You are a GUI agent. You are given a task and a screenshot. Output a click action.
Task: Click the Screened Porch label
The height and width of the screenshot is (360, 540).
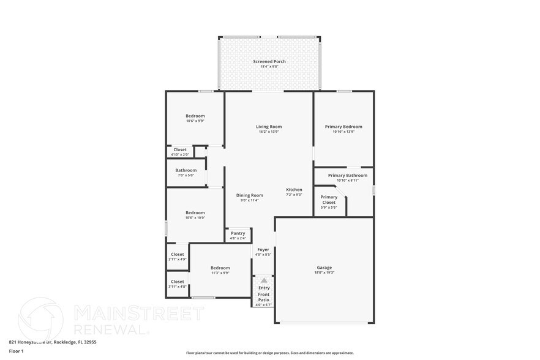point(269,62)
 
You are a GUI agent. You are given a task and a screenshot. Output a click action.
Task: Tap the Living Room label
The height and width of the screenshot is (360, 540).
point(269,127)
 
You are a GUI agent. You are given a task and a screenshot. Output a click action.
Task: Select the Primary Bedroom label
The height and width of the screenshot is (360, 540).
point(343,127)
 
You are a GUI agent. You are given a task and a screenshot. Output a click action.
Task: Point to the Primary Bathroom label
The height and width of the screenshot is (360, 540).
point(343,176)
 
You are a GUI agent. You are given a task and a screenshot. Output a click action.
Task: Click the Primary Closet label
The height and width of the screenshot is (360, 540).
point(329,200)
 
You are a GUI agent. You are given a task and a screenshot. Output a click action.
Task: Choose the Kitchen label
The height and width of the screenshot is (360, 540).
point(294,190)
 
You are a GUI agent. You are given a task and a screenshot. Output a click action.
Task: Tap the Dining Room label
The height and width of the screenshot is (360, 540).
point(250,195)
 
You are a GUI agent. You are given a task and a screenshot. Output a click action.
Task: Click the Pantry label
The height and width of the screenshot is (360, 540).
point(238,233)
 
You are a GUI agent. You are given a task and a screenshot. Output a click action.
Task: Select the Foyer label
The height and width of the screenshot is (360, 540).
point(263,250)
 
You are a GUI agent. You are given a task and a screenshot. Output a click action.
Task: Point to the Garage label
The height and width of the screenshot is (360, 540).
point(324,268)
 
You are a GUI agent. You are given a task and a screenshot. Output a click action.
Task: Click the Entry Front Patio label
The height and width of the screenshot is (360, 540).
point(264,293)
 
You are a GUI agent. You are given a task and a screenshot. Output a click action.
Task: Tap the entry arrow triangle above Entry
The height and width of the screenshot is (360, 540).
point(264,280)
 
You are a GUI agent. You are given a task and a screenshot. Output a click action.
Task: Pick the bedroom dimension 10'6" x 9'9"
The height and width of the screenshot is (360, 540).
point(195,121)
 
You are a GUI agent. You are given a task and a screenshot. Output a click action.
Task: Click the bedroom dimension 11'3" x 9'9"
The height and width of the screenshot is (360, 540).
point(220,273)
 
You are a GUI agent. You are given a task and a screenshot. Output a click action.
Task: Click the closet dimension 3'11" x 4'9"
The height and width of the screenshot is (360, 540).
point(178,260)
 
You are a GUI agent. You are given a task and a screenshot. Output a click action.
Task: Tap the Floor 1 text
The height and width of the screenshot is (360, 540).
point(16,351)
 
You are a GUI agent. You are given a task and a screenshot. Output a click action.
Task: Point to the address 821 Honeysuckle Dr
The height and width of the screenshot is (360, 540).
point(30,342)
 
